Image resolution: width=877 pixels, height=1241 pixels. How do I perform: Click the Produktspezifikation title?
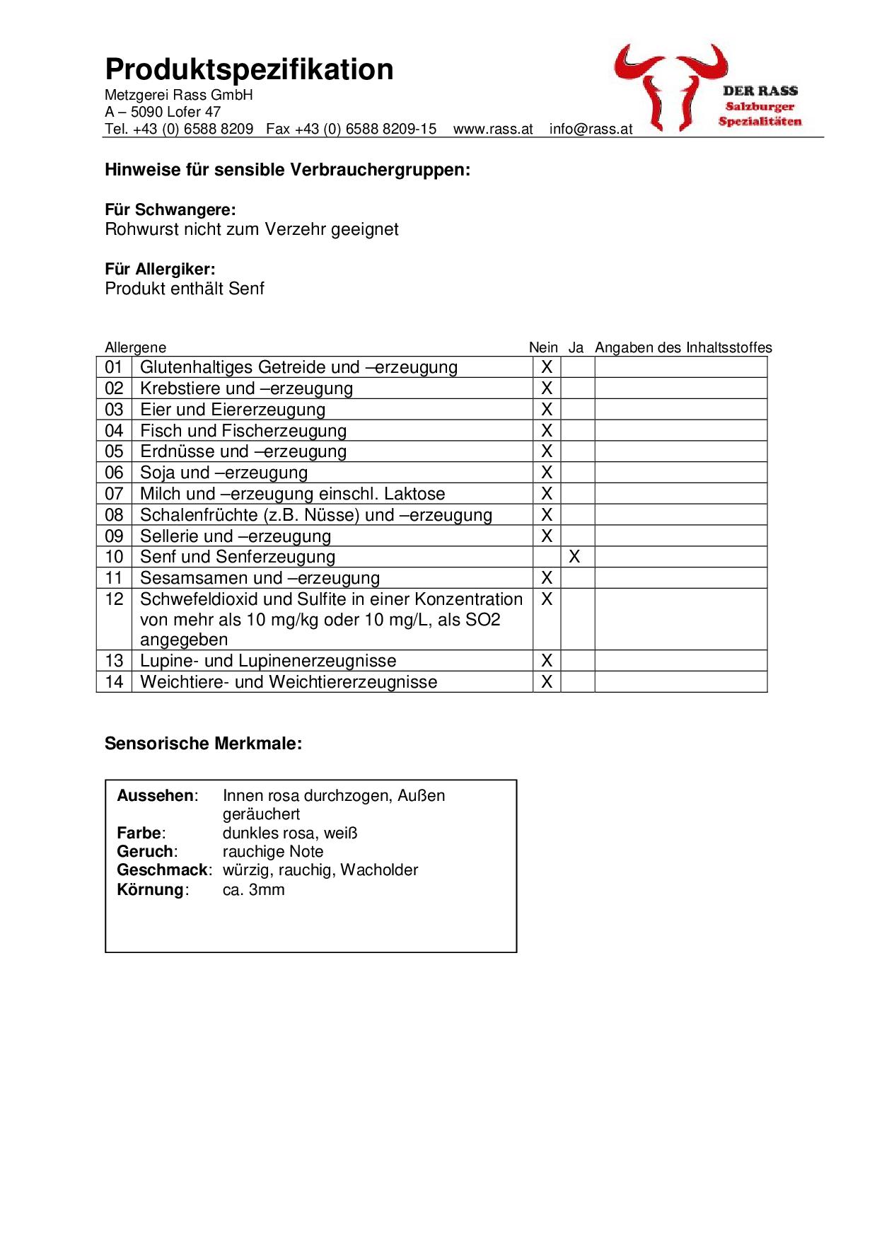[x=249, y=70]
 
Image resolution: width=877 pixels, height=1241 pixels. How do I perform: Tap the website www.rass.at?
[x=493, y=129]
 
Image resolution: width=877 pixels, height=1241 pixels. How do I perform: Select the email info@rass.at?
[x=591, y=129]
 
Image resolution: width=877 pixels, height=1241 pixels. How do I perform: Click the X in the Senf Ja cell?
[x=574, y=558]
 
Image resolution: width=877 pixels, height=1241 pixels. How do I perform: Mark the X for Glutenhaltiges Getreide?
[x=546, y=367]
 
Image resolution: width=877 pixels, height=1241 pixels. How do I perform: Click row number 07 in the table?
[x=114, y=494]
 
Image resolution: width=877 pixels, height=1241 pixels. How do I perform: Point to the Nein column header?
[x=543, y=347]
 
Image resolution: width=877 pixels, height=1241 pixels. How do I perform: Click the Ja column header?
[x=576, y=347]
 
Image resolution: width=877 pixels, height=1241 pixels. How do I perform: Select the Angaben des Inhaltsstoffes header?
[x=683, y=347]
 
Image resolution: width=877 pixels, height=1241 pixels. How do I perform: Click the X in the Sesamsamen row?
[x=546, y=579]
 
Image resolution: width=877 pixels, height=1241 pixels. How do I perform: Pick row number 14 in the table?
[x=114, y=682]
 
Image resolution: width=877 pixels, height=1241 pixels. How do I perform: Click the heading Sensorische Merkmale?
[x=203, y=744]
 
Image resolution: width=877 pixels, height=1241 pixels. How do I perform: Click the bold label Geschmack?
[x=163, y=870]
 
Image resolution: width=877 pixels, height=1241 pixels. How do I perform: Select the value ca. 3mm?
[x=253, y=890]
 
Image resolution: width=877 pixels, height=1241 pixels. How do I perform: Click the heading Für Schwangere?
[x=170, y=210]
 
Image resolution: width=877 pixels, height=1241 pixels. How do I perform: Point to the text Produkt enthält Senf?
[x=185, y=289]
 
